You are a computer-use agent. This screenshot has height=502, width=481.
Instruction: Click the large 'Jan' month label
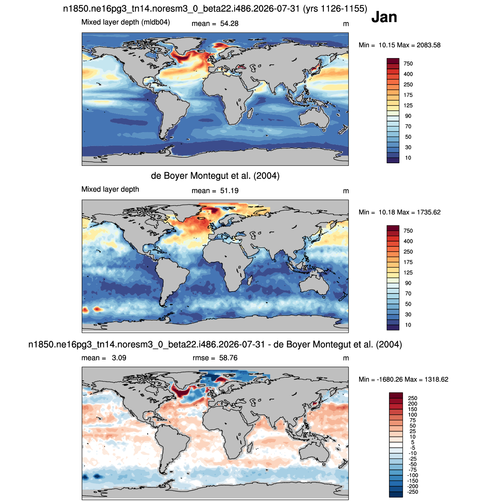pos(384,17)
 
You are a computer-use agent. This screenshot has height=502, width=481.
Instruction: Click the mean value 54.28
pos(229,24)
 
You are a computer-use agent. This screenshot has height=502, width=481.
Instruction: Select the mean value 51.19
pos(229,191)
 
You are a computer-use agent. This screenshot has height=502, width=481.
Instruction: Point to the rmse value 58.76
pos(228,358)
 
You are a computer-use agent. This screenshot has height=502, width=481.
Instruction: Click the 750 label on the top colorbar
pos(408,64)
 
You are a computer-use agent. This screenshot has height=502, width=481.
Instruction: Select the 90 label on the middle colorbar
pos(408,283)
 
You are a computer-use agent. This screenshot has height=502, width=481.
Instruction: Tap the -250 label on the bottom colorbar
pos(412,492)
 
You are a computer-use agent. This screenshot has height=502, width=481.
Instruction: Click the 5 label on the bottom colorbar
pos(412,442)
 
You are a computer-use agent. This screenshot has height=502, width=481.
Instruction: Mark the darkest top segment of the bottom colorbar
pos(396,395)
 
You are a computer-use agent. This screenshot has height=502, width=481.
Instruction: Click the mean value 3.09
pos(119,358)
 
